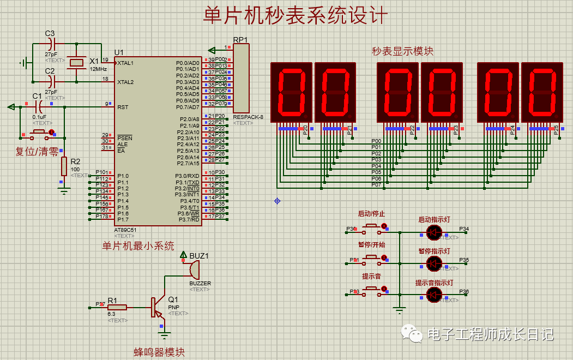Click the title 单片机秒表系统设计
pyautogui.click(x=295, y=15)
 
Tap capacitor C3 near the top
pyautogui.click(x=52, y=43)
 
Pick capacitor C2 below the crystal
pyautogui.click(x=52, y=81)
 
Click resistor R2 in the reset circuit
pyautogui.click(x=64, y=166)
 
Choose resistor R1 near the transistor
pyautogui.click(x=117, y=308)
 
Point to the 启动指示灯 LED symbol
pyautogui.click(x=434, y=232)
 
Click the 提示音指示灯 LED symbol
pyautogui.click(x=434, y=295)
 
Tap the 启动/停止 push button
pyautogui.click(x=372, y=226)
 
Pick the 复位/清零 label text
pyautogui.click(x=37, y=152)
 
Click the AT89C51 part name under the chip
pyautogui.click(x=125, y=230)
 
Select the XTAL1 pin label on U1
pyautogui.click(x=125, y=63)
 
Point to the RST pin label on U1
pyautogui.click(x=123, y=107)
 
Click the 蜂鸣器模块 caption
pyautogui.click(x=159, y=352)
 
